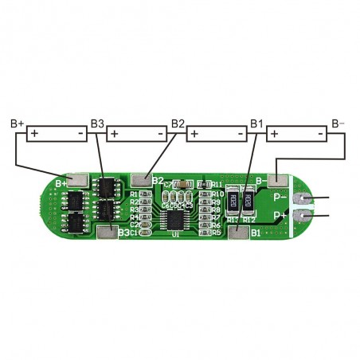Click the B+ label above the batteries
tap(18, 124)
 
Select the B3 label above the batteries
tap(97, 124)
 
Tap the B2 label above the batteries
tap(178, 124)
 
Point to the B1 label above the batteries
tap(256, 124)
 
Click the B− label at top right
tap(338, 124)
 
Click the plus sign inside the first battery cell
tap(34, 134)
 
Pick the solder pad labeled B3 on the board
tap(108, 233)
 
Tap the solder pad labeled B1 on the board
tap(237, 233)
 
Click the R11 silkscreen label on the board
tap(217, 185)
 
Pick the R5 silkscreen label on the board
tap(217, 233)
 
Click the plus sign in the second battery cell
tap(114, 134)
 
